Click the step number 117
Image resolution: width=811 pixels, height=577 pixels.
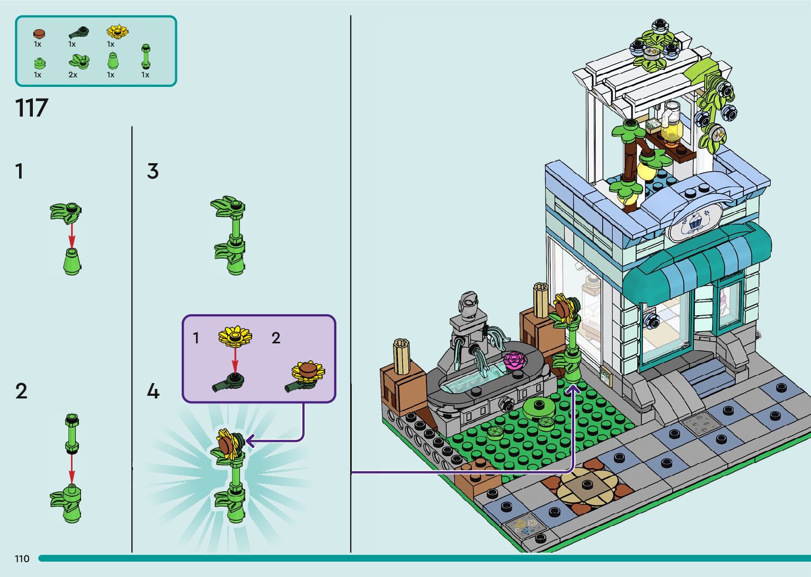point(32,108)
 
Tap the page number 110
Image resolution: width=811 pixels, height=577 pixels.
point(22,558)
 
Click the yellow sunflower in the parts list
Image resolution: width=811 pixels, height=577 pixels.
point(117,32)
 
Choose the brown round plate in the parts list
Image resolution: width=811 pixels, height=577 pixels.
point(39,34)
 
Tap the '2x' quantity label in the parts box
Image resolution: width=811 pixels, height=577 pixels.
point(73,75)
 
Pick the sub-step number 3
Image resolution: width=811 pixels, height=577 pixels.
point(153,171)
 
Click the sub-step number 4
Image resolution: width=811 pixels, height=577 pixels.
point(153,392)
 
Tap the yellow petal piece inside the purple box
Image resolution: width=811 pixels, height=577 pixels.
point(235,336)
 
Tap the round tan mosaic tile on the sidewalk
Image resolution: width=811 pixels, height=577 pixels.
point(587,484)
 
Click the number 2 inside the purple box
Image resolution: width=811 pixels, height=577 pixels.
point(275,338)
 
